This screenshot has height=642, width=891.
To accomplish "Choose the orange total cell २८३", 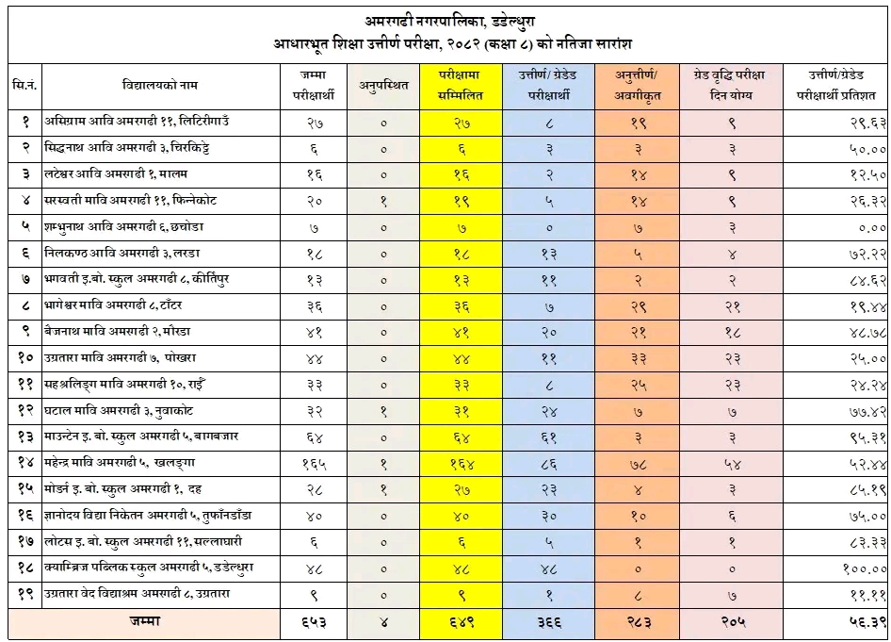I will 638,622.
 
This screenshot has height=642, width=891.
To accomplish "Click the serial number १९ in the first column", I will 25,595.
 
